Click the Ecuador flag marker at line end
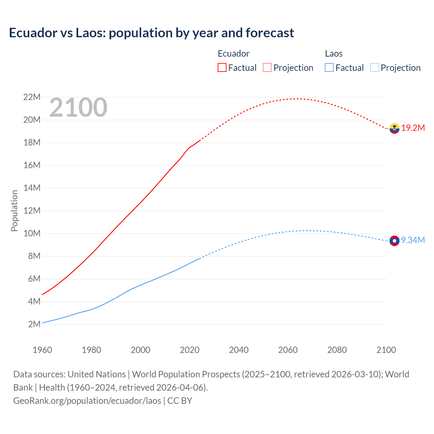[394, 128]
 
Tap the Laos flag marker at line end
[394, 241]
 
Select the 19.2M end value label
[413, 128]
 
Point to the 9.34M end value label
[413, 240]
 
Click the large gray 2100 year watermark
[78, 108]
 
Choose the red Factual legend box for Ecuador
[222, 67]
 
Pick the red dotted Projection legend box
[267, 67]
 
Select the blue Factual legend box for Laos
[329, 67]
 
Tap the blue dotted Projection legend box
[375, 67]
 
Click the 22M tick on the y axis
[32, 97]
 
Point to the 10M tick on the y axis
[32, 234]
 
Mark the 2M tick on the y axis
[34, 324]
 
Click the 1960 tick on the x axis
[42, 350]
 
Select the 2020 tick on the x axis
[190, 350]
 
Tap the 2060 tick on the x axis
[288, 350]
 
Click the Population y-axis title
[14, 211]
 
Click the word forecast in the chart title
[270, 33]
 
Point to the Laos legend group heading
[334, 54]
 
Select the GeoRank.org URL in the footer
[87, 401]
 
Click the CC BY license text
[180, 401]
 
